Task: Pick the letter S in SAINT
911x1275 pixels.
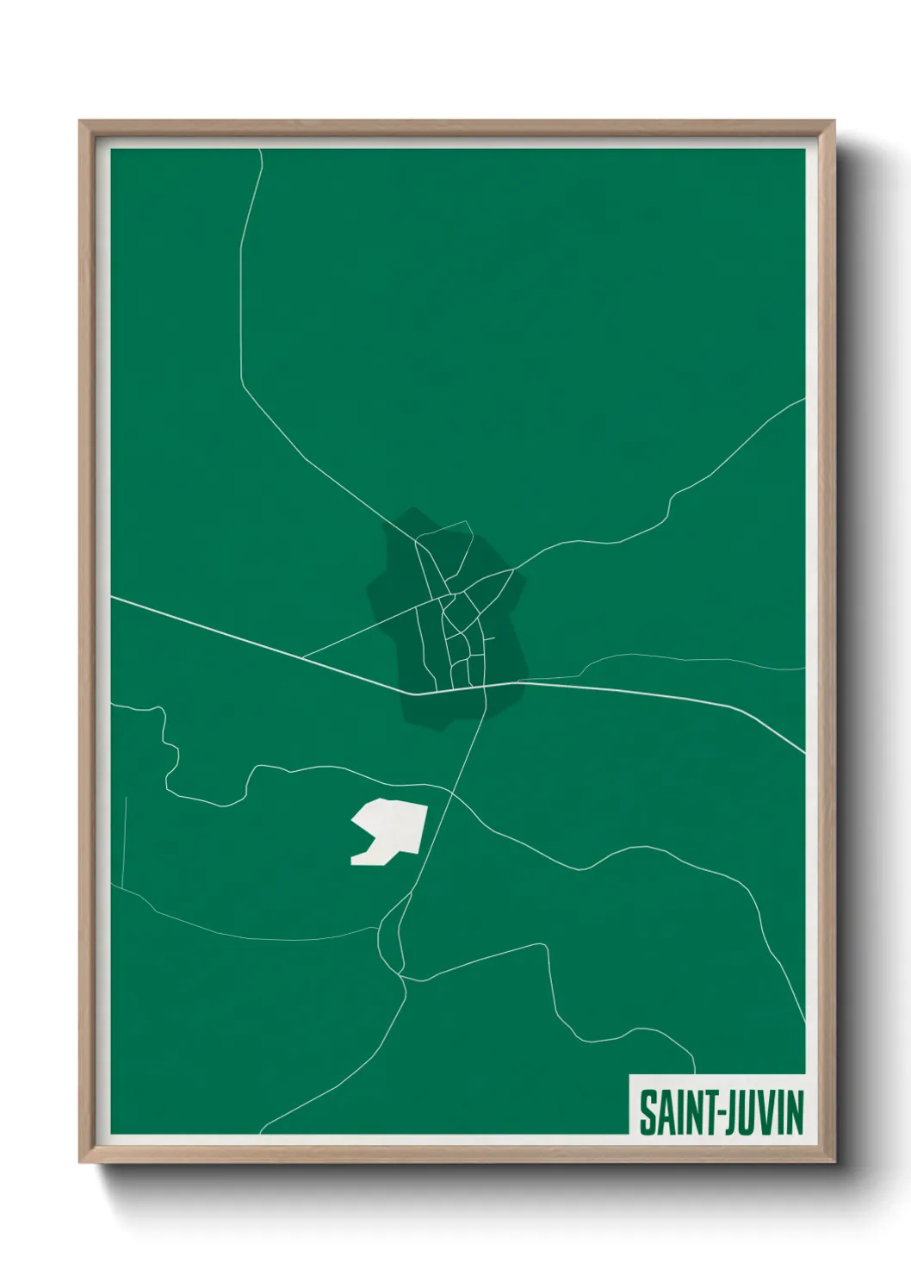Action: point(646,1112)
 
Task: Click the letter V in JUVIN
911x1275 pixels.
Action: point(768,1112)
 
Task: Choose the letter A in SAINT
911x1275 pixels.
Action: point(663,1112)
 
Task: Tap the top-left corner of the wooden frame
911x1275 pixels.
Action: point(82,123)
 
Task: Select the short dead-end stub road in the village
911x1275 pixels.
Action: point(490,638)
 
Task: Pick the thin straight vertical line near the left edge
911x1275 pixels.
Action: point(124,840)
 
